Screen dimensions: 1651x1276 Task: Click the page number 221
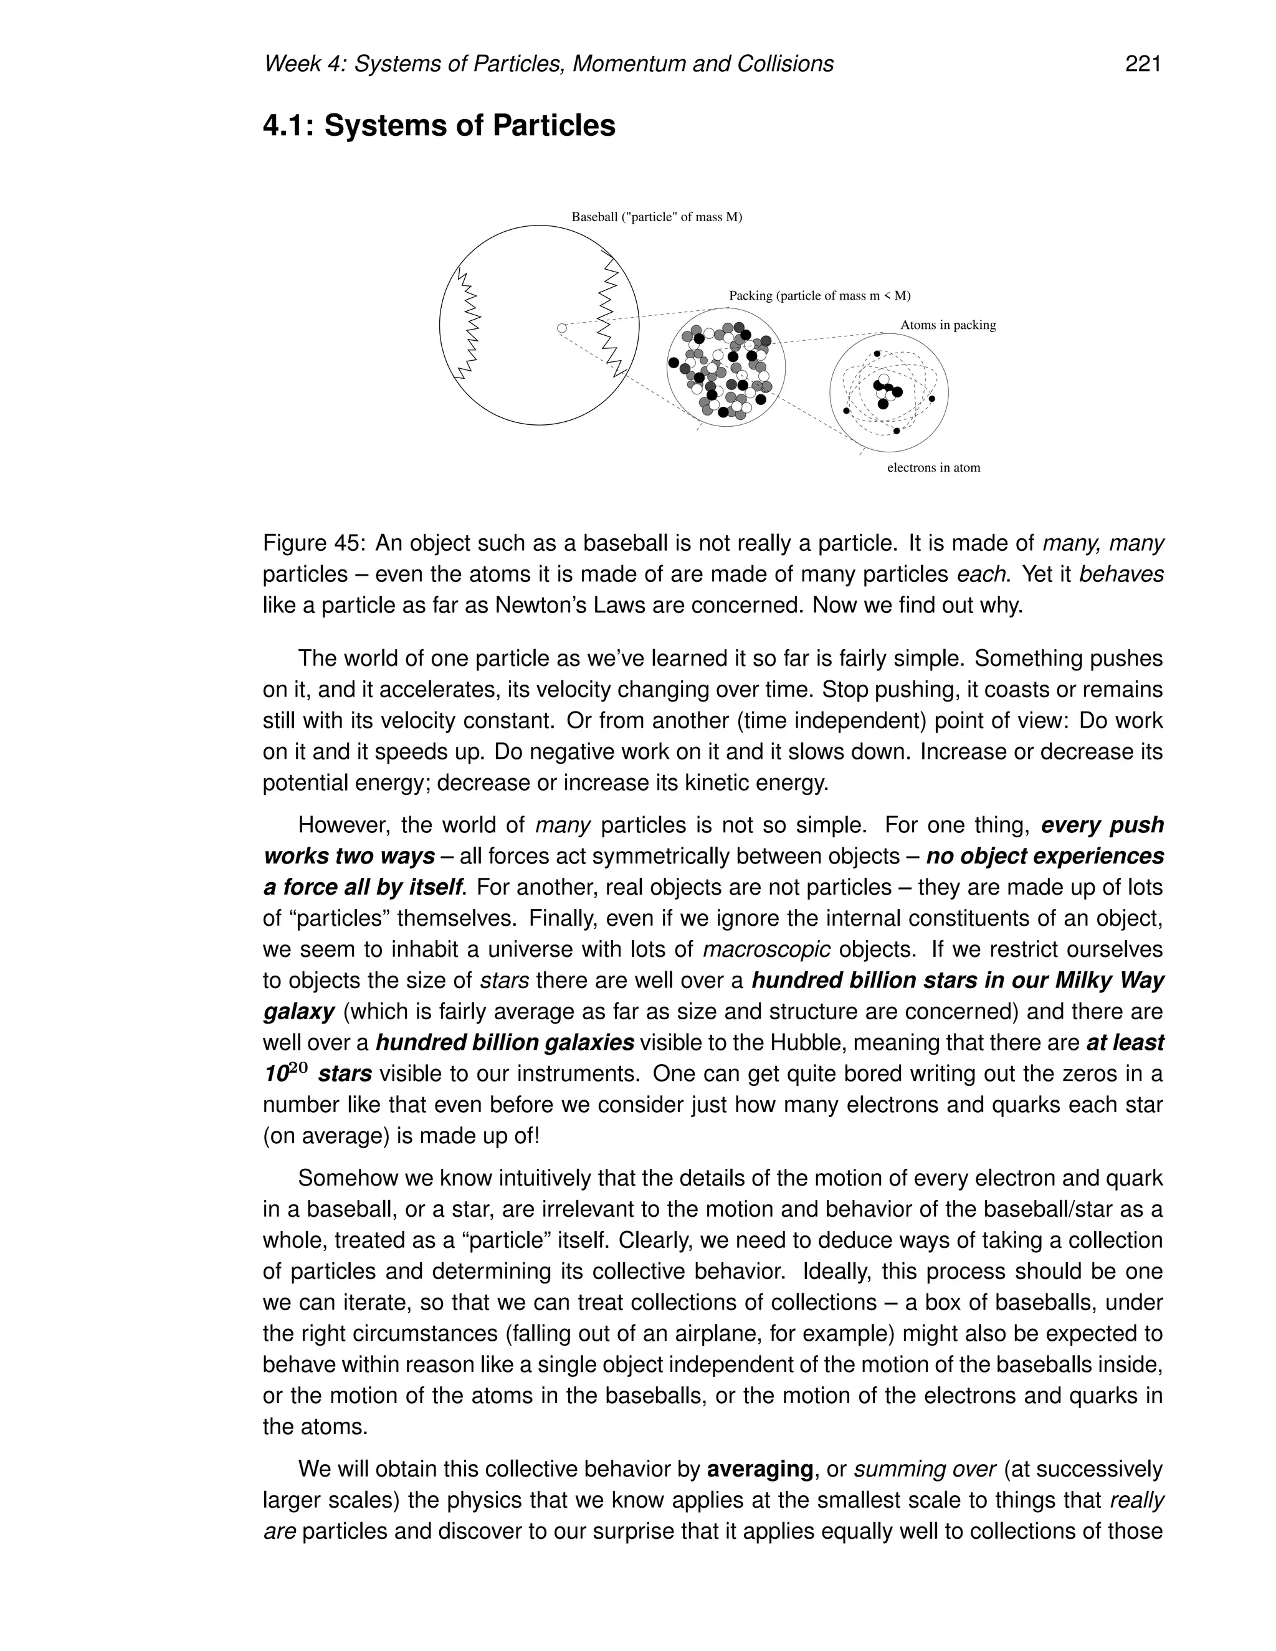(x=1142, y=64)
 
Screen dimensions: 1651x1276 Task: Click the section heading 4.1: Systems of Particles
(x=439, y=125)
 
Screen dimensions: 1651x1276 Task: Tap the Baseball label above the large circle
(x=656, y=217)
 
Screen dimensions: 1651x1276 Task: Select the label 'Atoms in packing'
(x=947, y=325)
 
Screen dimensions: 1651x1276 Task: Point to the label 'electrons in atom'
(x=933, y=468)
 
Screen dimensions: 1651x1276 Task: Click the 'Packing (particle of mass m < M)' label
(x=819, y=295)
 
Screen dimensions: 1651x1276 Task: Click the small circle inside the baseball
(x=561, y=328)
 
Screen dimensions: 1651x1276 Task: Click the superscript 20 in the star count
(x=298, y=1068)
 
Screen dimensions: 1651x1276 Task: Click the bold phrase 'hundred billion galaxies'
(x=504, y=1042)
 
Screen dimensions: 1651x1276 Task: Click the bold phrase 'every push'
(x=1102, y=825)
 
